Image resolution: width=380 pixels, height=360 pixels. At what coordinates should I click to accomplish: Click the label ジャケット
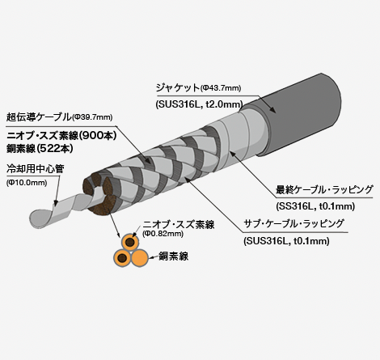pos(178,87)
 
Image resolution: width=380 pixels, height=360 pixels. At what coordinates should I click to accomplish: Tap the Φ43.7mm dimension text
pos(221,88)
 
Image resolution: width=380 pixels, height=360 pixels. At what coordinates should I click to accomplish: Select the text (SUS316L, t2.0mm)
pos(200,104)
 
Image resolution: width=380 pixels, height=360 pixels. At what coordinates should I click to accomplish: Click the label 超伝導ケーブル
pos(39,116)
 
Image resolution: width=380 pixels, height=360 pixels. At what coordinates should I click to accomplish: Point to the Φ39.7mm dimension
pos(92,117)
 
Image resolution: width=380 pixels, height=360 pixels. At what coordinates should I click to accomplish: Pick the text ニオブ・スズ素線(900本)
pos(61,135)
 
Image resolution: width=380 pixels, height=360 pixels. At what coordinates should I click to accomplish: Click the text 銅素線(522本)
pos(40,149)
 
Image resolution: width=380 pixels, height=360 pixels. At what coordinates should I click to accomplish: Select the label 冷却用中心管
pos(36,169)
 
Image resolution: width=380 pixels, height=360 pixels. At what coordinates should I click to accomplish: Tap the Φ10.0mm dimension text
pos(27,183)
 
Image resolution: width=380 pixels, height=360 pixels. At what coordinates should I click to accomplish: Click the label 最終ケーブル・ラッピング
pos(324,189)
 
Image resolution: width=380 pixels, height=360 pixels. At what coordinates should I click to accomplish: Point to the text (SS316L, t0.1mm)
pos(315,206)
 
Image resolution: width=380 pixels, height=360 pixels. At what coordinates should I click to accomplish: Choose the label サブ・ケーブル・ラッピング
pos(293,223)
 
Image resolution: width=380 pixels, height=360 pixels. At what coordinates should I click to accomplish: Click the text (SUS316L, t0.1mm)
pos(286,241)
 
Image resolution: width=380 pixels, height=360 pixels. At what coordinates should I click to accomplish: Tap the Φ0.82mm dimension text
pos(163,234)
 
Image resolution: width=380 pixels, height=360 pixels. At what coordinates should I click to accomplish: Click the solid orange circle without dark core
pos(140,258)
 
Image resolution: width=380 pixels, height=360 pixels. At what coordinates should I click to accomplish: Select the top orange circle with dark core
pos(130,242)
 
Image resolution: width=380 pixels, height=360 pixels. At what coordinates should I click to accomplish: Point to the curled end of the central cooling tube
pos(40,218)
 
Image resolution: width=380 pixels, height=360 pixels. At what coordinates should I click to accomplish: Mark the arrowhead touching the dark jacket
pos(272,110)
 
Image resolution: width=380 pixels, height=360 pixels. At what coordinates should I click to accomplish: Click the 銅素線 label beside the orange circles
pos(173,256)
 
